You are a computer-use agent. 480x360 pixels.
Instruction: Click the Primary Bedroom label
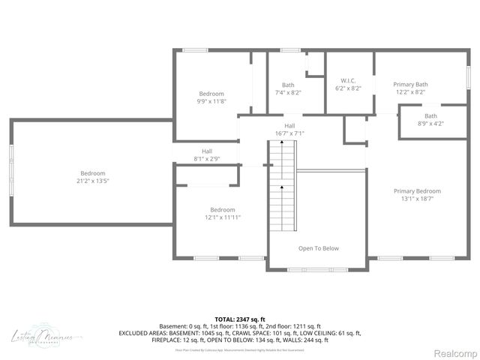click(x=417, y=191)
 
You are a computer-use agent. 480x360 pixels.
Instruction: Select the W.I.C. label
click(x=347, y=81)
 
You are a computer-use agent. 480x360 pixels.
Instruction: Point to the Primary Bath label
click(x=410, y=85)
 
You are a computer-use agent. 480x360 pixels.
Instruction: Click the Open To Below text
click(x=318, y=248)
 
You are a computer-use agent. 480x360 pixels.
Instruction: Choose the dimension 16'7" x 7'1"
click(x=289, y=133)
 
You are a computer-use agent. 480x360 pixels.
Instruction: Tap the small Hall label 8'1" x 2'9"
click(x=206, y=159)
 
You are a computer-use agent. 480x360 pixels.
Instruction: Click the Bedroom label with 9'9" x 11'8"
click(x=211, y=94)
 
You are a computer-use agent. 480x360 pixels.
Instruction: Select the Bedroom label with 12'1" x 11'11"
click(x=222, y=210)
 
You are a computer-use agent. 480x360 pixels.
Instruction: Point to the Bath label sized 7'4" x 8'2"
click(x=288, y=85)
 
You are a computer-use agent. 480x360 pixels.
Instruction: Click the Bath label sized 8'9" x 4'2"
click(x=430, y=115)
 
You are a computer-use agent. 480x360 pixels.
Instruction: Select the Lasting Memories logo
click(x=42, y=337)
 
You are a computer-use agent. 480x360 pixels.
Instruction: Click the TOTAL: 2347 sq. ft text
click(x=240, y=319)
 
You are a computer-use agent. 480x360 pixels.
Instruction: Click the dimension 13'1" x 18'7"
click(x=417, y=199)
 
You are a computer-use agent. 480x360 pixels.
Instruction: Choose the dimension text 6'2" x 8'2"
click(x=347, y=88)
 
